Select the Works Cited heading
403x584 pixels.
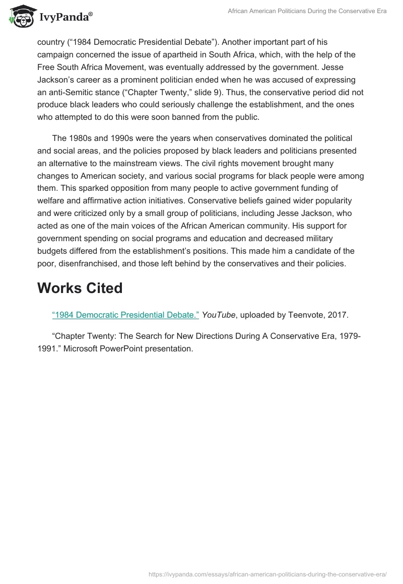pyautogui.click(x=80, y=288)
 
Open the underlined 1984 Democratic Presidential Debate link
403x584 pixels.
pyautogui.click(x=125, y=315)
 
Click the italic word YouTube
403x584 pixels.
pyautogui.click(x=218, y=315)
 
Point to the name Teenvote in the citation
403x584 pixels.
pyautogui.click(x=307, y=315)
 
